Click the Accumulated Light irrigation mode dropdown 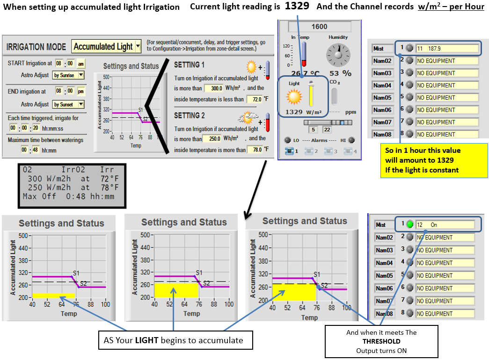(x=107, y=46)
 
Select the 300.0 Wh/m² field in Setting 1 (x=214, y=88)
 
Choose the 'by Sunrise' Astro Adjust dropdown (x=68, y=75)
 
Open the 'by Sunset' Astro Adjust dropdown (x=68, y=104)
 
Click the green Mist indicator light (x=409, y=225)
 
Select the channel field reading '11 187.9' (x=447, y=48)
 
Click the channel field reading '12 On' (x=445, y=225)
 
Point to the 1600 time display (x=320, y=27)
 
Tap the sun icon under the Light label (x=295, y=97)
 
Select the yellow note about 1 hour (x=434, y=160)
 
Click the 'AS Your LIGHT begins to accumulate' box (x=174, y=340)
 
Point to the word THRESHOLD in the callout (x=382, y=341)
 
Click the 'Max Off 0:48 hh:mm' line (x=69, y=196)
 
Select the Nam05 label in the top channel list (x=382, y=98)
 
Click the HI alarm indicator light (x=351, y=140)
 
